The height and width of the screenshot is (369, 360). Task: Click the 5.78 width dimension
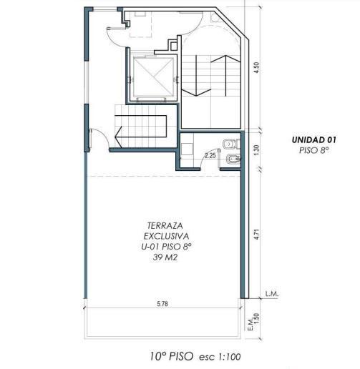pos(162,304)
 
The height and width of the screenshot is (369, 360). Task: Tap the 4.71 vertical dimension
pos(256,235)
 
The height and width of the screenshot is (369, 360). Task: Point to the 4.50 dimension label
pos(256,67)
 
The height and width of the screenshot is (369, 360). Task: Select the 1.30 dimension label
pos(256,150)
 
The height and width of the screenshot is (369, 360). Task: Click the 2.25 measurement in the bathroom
pos(210,156)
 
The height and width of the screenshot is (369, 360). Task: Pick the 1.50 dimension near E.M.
pos(256,318)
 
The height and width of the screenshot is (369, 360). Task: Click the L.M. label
pos(272,294)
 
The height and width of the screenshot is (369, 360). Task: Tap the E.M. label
pos(250,325)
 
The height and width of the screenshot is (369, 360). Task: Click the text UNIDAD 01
pos(314,140)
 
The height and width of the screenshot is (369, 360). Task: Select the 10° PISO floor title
pos(172,356)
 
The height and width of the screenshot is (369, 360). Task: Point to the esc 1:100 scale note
pos(220,357)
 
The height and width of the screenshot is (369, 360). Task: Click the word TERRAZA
pos(165,225)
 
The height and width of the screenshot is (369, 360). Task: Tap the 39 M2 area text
pos(165,257)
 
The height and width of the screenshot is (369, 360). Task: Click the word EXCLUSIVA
pos(166,236)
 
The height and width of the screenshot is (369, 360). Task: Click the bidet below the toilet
pos(233,159)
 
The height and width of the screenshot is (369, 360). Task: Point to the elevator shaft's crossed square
pos(153,77)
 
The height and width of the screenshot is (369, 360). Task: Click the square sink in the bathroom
pos(187,149)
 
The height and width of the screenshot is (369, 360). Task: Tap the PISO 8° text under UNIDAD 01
pos(314,150)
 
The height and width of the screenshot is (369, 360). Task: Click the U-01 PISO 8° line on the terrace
pos(166,247)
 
